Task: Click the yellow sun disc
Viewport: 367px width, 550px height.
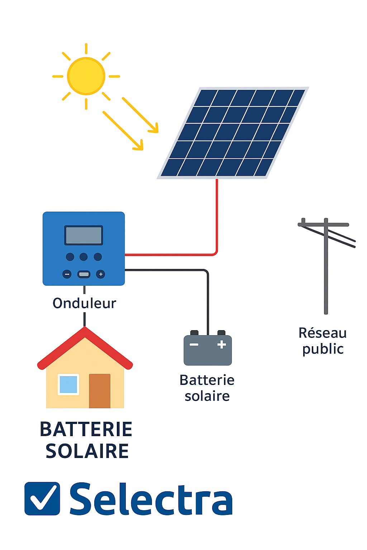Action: coord(86,76)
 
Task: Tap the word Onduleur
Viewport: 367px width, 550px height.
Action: coord(84,303)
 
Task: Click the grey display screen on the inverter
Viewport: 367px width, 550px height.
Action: coord(84,235)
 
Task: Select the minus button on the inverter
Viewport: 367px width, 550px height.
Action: coord(67,274)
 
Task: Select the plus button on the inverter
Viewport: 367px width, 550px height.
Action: coord(101,274)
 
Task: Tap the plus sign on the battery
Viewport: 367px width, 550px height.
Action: coord(222,344)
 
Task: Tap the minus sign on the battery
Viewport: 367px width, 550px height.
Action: coord(194,344)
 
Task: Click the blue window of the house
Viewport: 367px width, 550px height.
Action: coord(68,384)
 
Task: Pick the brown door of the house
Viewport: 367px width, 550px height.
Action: coord(100,391)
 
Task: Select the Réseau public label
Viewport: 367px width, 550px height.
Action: coord(323,341)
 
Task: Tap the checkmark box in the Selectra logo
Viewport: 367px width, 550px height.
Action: coord(42,498)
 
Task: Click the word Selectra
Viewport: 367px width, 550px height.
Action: coord(151,499)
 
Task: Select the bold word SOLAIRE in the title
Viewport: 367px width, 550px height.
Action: coord(87,451)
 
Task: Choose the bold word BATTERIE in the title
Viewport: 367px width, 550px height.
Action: coord(86,429)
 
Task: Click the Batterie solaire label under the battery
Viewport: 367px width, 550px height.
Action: coord(207,388)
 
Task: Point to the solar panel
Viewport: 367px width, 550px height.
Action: coord(233,132)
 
